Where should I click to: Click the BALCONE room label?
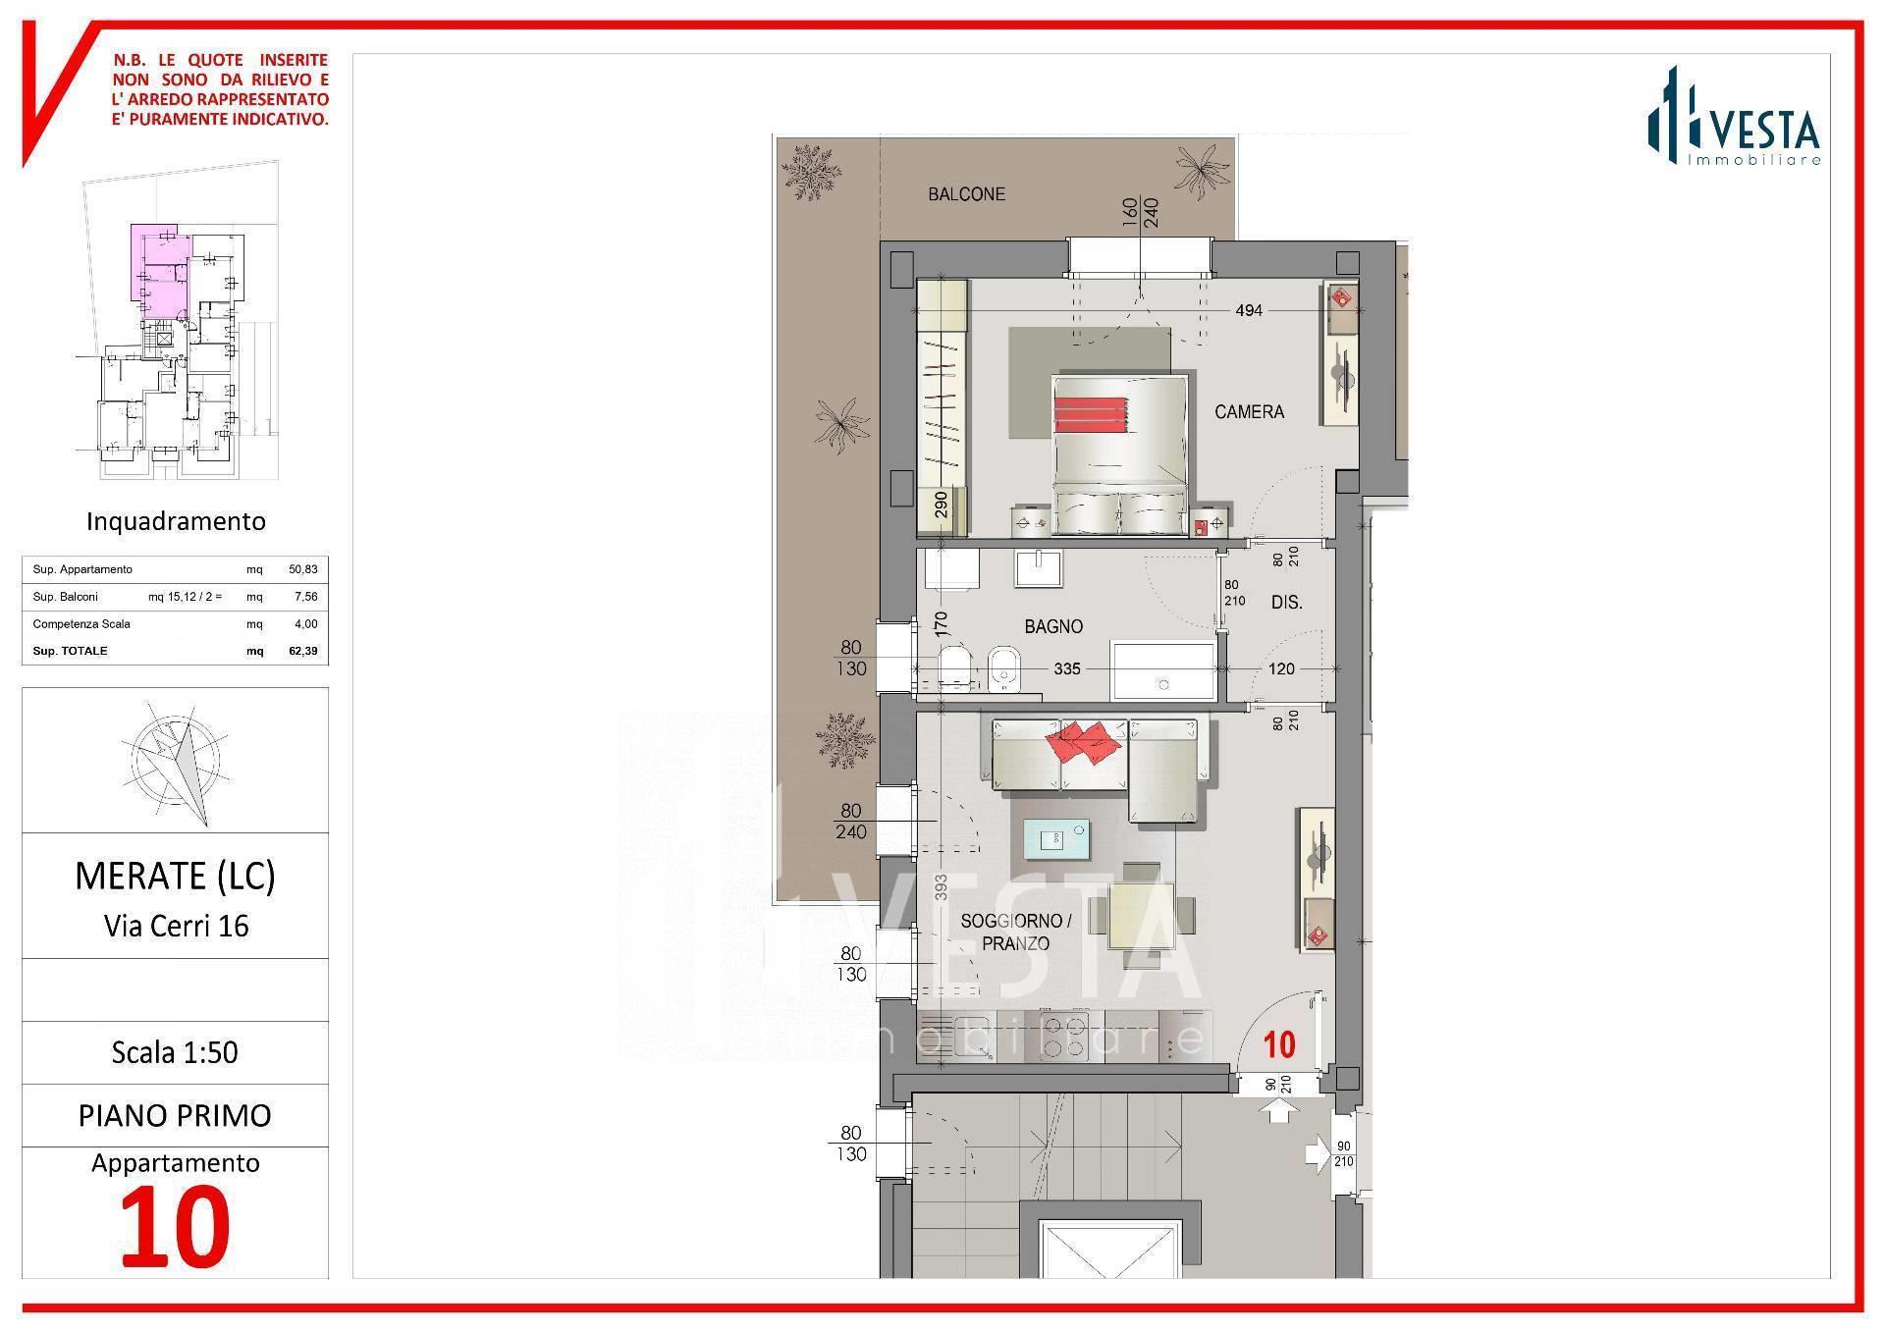click(x=966, y=194)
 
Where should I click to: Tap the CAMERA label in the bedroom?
click(x=1249, y=412)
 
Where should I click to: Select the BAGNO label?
click(x=1053, y=626)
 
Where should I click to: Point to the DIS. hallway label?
click(x=1286, y=603)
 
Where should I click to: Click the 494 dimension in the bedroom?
click(x=1249, y=310)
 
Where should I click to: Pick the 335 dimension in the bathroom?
click(x=1067, y=668)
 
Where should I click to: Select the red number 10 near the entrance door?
click(x=1279, y=1045)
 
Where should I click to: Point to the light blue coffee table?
click(x=1056, y=838)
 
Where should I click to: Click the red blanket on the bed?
click(x=1091, y=413)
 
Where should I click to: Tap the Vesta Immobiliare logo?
click(x=1734, y=116)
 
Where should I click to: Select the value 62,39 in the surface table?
click(x=302, y=651)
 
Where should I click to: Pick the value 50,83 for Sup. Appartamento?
click(x=302, y=569)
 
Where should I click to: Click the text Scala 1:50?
click(x=175, y=1052)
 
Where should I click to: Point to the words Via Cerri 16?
click(x=176, y=926)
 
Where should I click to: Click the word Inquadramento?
click(x=176, y=521)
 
